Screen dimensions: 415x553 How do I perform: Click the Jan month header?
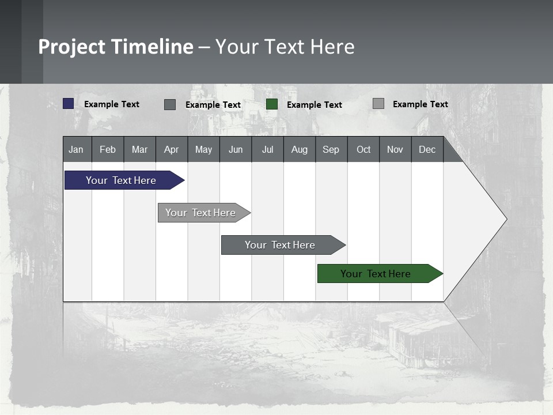click(x=77, y=149)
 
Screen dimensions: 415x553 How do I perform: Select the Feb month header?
click(x=108, y=149)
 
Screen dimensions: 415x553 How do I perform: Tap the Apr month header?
click(x=172, y=149)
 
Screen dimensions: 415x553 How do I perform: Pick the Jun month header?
click(x=236, y=149)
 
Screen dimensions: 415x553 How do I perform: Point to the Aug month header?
click(x=300, y=149)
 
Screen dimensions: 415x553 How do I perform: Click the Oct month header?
click(x=363, y=149)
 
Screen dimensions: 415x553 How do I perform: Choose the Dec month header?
click(x=427, y=149)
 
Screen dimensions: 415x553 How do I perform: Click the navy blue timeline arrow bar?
click(x=121, y=180)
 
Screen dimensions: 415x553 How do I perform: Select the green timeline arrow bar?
click(x=376, y=274)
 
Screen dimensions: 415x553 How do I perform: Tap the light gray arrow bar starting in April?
click(x=200, y=213)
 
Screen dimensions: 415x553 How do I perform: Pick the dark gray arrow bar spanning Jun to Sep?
click(x=280, y=245)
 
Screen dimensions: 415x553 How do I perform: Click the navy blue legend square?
click(x=69, y=104)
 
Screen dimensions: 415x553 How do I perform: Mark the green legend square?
click(x=272, y=104)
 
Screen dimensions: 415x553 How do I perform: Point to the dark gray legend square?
click(x=170, y=104)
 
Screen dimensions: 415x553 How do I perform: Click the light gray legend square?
click(x=378, y=104)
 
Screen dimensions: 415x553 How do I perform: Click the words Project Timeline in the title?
click(x=116, y=47)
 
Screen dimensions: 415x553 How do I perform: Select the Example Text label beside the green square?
click(x=315, y=105)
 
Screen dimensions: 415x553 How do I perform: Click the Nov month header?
click(x=395, y=149)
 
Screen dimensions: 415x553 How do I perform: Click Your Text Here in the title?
click(x=285, y=47)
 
